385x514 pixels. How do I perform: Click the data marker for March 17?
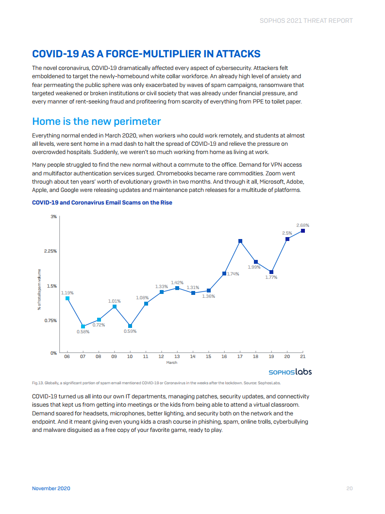[x=240, y=241]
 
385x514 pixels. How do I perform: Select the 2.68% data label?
[x=302, y=225]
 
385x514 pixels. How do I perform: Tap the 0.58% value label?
[x=83, y=332]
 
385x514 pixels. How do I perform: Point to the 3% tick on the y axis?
[x=54, y=216]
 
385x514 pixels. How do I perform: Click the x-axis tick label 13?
[x=177, y=357]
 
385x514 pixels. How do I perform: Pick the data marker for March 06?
[x=67, y=298]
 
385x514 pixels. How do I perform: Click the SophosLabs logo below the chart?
[x=290, y=372]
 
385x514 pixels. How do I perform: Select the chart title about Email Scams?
[x=102, y=203]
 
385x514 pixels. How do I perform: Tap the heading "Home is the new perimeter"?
[x=96, y=121]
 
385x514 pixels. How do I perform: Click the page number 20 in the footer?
[x=349, y=488]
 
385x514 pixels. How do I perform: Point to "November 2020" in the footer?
[x=51, y=488]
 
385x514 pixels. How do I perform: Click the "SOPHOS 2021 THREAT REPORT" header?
[x=306, y=20]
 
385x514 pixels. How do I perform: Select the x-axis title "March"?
[x=172, y=362]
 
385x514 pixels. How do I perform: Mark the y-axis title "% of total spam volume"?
[x=39, y=290]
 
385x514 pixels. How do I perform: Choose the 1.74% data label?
[x=233, y=274]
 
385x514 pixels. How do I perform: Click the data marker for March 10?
[x=130, y=326]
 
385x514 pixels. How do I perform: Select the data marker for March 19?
[x=271, y=272]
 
